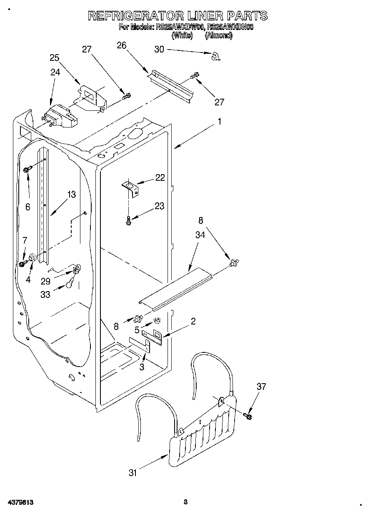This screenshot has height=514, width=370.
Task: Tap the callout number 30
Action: (159, 49)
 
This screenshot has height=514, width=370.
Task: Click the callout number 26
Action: (121, 46)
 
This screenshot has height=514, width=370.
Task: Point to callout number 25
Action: (55, 57)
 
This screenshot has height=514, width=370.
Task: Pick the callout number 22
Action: (160, 177)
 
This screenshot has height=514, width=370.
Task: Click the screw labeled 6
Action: (28, 169)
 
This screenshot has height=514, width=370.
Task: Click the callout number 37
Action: (261, 387)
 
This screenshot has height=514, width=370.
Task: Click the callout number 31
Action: (133, 472)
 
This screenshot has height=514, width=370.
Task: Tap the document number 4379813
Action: (20, 502)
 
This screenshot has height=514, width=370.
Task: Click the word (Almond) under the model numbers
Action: (219, 36)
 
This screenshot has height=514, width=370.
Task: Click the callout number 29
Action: (46, 281)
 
